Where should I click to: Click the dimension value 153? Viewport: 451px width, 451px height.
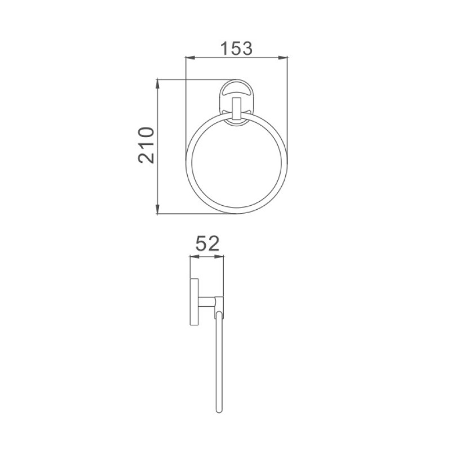click(x=236, y=48)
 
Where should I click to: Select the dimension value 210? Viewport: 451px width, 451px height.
click(x=147, y=145)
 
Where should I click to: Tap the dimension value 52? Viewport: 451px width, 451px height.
click(x=207, y=244)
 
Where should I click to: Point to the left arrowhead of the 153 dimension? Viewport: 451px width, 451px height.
click(x=191, y=58)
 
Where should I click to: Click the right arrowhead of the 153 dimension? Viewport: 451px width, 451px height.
click(x=283, y=58)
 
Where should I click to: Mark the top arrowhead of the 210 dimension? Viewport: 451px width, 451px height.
click(x=157, y=84)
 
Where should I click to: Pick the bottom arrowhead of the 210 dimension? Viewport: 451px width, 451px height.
click(x=157, y=209)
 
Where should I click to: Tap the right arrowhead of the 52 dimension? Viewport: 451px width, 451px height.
click(x=219, y=257)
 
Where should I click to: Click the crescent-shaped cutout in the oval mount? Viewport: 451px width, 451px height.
click(x=236, y=89)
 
